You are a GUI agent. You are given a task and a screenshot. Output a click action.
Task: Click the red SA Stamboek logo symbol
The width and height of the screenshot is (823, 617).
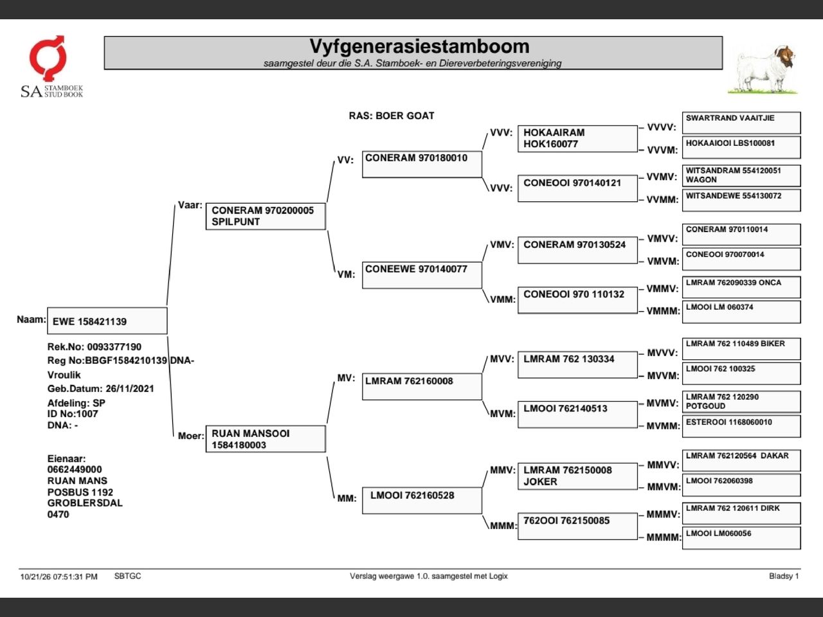pyautogui.click(x=48, y=58)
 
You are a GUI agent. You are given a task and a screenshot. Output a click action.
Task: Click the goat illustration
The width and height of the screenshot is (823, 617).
pyautogui.click(x=763, y=69)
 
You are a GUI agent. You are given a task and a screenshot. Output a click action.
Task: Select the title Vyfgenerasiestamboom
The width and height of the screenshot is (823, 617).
pyautogui.click(x=419, y=46)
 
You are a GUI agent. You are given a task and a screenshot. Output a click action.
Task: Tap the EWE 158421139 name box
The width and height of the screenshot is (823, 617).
pyautogui.click(x=107, y=321)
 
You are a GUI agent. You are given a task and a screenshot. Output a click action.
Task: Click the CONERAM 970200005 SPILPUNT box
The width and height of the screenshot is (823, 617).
pyautogui.click(x=266, y=216)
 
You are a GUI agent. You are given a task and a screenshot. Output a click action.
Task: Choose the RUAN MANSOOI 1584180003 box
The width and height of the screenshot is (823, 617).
pyautogui.click(x=266, y=439)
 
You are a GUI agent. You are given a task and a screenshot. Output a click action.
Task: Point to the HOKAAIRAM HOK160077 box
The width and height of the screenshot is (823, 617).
pyautogui.click(x=577, y=139)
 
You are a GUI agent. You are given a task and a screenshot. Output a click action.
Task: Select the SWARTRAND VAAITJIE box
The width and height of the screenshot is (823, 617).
pyautogui.click(x=741, y=123)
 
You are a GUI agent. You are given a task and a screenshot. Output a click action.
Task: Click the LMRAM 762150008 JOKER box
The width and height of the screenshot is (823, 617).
pyautogui.click(x=577, y=476)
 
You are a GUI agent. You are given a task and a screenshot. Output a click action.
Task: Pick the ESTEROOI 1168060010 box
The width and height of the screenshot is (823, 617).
pyautogui.click(x=741, y=426)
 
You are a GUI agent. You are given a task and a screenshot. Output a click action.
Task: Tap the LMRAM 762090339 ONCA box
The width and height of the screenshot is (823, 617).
pyautogui.click(x=741, y=287)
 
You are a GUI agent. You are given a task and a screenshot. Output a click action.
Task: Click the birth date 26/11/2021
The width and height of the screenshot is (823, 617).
pyautogui.click(x=130, y=388)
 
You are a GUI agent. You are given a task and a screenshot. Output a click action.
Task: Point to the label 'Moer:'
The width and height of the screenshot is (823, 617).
pyautogui.click(x=191, y=436)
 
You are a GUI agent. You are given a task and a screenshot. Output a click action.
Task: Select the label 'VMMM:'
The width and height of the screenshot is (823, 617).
pyautogui.click(x=663, y=311)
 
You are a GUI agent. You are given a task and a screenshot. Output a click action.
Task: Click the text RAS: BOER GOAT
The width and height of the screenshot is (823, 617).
pyautogui.click(x=392, y=116)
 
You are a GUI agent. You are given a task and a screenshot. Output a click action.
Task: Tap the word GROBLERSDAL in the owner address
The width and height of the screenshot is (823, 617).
pyautogui.click(x=85, y=503)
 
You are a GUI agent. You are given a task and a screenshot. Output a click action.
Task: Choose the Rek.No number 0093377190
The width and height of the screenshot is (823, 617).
pyautogui.click(x=114, y=347)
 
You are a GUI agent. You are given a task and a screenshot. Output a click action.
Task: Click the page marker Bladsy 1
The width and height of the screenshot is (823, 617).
pyautogui.click(x=784, y=576)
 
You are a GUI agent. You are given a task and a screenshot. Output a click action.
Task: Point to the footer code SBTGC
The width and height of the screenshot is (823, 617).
pyautogui.click(x=127, y=576)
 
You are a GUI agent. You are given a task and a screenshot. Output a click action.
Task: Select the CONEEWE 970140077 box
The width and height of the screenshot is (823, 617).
pyautogui.click(x=422, y=275)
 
